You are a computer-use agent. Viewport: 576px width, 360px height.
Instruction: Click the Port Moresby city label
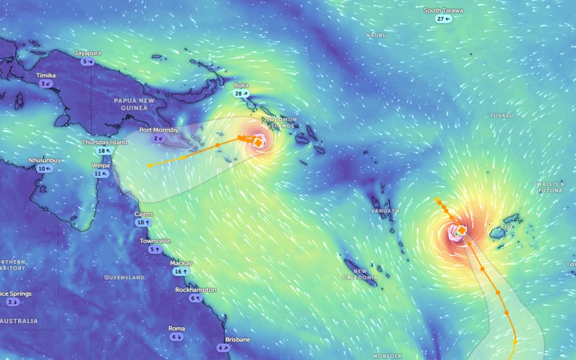159,130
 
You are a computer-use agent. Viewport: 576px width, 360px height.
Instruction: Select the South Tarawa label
443,10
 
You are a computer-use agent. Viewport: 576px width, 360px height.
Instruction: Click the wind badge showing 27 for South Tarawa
443,19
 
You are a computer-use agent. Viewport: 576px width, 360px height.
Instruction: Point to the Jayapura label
88,53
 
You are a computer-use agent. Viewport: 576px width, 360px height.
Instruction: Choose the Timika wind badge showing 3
46,83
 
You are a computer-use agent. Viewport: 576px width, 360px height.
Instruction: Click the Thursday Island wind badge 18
104,150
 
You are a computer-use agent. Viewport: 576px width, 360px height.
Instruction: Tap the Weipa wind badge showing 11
101,173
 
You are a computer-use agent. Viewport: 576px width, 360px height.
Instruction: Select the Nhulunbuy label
44,160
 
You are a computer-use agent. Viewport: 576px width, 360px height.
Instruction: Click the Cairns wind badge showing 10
144,222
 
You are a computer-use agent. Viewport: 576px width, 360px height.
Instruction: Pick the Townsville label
155,241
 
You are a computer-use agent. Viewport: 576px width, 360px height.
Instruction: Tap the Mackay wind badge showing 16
181,271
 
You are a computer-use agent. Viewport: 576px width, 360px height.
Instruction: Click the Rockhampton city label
196,290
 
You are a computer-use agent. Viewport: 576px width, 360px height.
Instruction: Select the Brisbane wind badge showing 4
223,347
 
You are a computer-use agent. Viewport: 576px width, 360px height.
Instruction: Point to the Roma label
177,329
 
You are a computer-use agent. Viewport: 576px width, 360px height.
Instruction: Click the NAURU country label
376,36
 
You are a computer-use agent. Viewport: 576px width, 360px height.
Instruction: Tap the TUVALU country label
501,116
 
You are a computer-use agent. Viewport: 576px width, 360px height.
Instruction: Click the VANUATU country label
383,211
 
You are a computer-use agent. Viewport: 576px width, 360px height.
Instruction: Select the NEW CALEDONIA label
360,274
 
